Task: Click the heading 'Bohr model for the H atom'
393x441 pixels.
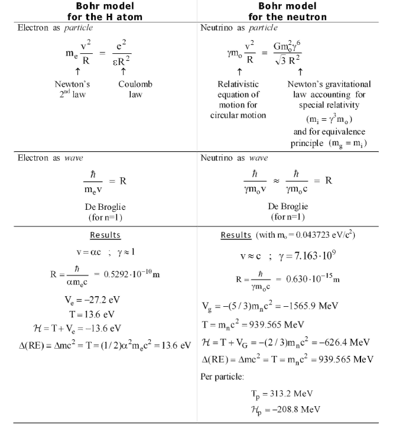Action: (x=101, y=11)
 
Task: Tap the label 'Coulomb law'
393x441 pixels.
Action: (x=135, y=89)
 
